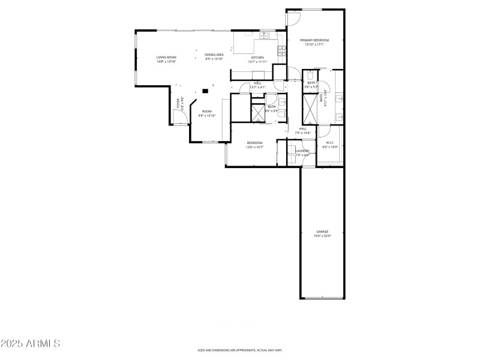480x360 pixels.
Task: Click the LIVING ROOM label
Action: pos(166,57)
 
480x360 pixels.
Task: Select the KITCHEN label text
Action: pos(257,58)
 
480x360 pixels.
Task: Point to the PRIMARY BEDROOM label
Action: pos(314,40)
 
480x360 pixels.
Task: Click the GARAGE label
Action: pos(322,232)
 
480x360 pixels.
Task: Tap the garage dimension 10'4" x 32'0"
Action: pos(322,236)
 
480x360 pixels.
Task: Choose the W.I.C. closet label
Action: pos(330,143)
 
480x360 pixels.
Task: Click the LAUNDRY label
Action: pos(302,151)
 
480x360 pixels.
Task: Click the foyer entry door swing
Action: pos(178,117)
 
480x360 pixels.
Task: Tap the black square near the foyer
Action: pos(205,91)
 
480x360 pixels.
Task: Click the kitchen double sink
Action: pos(265,35)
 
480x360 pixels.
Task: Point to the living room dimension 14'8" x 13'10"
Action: pos(166,61)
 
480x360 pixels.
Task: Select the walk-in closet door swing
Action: pos(323,130)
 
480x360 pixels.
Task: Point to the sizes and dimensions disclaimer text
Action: pos(240,350)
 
